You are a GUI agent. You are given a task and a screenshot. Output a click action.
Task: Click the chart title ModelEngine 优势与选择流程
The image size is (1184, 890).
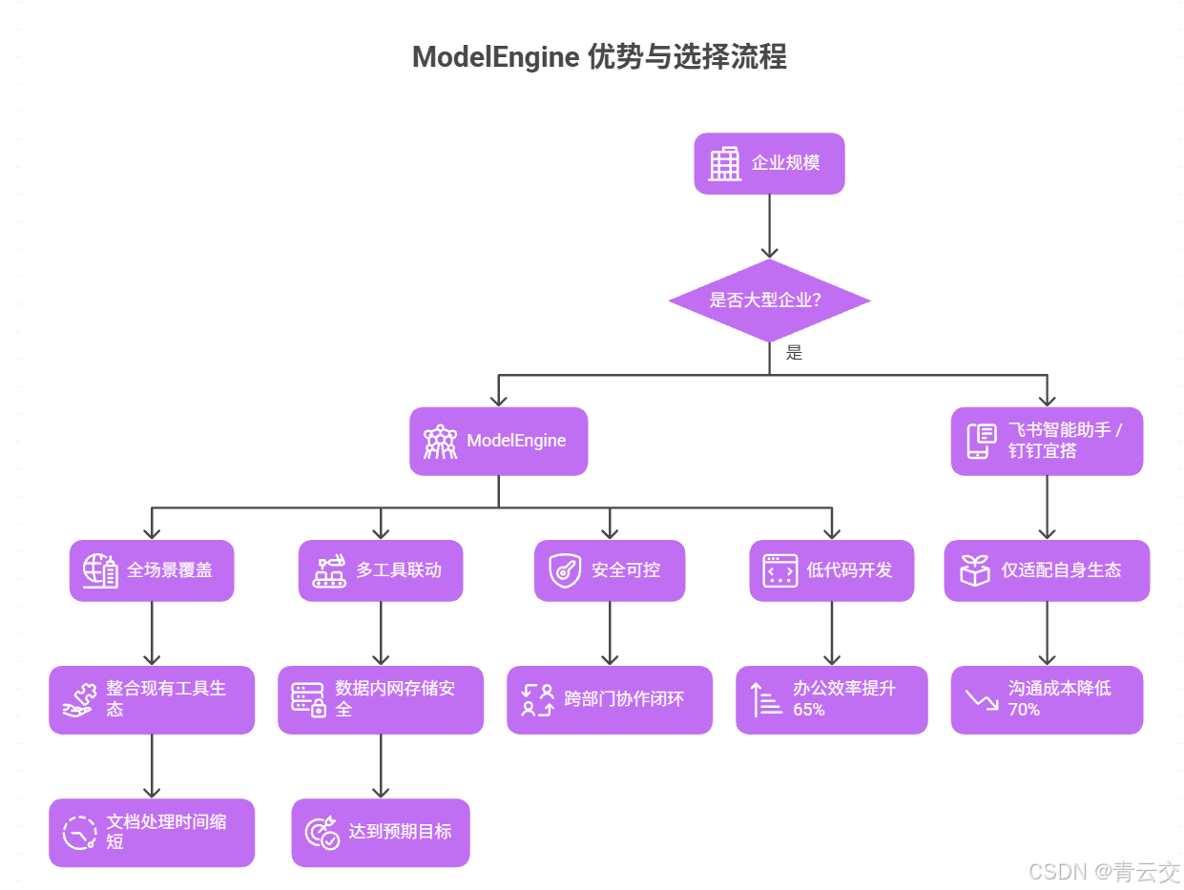point(599,57)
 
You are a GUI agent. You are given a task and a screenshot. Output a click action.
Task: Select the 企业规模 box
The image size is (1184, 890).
point(769,163)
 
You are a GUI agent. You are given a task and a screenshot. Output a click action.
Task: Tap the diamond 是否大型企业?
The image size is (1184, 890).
point(769,300)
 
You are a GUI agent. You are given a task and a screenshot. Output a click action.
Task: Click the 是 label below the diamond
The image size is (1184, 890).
point(794,353)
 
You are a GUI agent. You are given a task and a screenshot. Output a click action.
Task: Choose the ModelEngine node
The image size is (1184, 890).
point(498,441)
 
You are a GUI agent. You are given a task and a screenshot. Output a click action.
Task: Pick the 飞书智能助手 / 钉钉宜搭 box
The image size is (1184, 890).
point(1047,441)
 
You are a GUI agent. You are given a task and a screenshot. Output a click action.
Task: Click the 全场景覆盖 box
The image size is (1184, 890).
point(152,570)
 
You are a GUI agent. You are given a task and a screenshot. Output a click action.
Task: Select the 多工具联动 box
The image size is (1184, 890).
point(381,570)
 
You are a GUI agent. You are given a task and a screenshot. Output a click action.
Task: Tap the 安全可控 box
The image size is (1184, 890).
point(610,570)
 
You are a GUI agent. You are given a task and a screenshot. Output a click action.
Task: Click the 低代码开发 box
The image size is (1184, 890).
point(831,570)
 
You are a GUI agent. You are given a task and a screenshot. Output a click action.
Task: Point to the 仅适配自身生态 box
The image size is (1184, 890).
point(1047,570)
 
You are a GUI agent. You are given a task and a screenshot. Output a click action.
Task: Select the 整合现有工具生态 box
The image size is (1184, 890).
point(152,699)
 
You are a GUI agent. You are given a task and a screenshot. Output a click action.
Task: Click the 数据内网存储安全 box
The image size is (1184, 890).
point(381,699)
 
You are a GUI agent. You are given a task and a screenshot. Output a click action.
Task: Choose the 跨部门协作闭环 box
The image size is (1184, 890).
point(610,699)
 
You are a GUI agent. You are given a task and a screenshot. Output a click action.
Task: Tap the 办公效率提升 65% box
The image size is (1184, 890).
point(831,699)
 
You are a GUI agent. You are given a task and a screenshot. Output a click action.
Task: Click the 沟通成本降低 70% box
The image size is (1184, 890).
point(1047,699)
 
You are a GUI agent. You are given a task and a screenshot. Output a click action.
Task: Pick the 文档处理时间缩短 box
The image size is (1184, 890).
point(152,832)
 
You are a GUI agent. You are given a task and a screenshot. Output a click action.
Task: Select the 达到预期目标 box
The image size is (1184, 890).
point(381,832)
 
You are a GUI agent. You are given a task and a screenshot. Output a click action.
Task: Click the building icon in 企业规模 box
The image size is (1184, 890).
point(725,163)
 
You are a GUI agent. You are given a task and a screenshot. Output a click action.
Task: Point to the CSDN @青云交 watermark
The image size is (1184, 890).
point(1104,871)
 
